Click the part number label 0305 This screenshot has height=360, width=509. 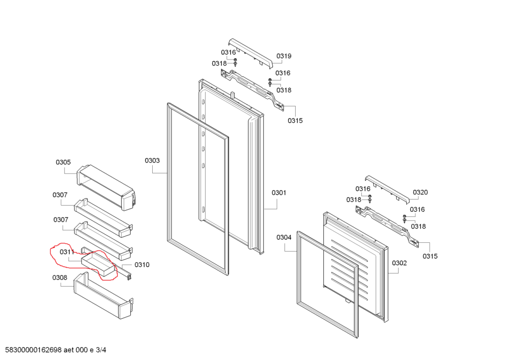pyautogui.click(x=63, y=162)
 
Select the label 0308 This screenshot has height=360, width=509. pyautogui.click(x=60, y=278)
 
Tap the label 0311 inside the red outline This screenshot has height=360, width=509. pyautogui.click(x=67, y=252)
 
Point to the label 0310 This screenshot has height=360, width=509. pyautogui.click(x=142, y=265)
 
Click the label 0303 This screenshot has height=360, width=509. pyautogui.click(x=152, y=161)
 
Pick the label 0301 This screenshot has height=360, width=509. pyautogui.click(x=278, y=193)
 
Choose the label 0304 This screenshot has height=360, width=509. pyautogui.click(x=284, y=237)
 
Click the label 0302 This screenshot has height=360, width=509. pyautogui.click(x=400, y=263)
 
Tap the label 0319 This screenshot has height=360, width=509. pyautogui.click(x=284, y=56)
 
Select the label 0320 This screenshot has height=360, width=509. pyautogui.click(x=420, y=192)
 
